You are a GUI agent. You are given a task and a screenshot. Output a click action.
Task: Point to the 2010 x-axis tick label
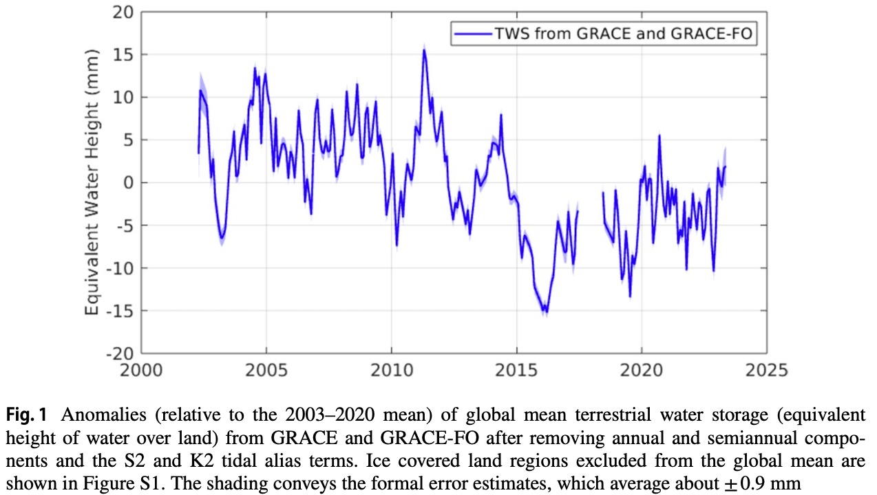coord(391,370)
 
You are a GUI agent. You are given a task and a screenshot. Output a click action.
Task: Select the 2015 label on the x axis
coord(516,370)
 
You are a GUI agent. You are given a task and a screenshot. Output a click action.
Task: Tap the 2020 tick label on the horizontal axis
coord(642,370)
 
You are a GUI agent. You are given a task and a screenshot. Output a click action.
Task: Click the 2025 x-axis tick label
coord(766,370)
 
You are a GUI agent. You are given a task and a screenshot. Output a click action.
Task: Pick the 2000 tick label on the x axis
coord(140,370)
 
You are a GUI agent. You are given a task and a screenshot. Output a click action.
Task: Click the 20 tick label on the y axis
coord(123,12)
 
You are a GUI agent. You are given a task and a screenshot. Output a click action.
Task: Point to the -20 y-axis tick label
coord(119,353)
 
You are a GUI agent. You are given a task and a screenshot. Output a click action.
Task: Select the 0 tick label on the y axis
coord(128,183)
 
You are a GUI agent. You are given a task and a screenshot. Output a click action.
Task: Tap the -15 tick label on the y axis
coord(119,311)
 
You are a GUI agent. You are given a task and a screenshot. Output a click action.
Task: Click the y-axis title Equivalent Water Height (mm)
coord(93,183)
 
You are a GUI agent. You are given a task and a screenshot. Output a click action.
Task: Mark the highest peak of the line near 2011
coord(424,49)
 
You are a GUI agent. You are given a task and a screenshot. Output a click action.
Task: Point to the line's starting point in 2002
coord(198,153)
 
